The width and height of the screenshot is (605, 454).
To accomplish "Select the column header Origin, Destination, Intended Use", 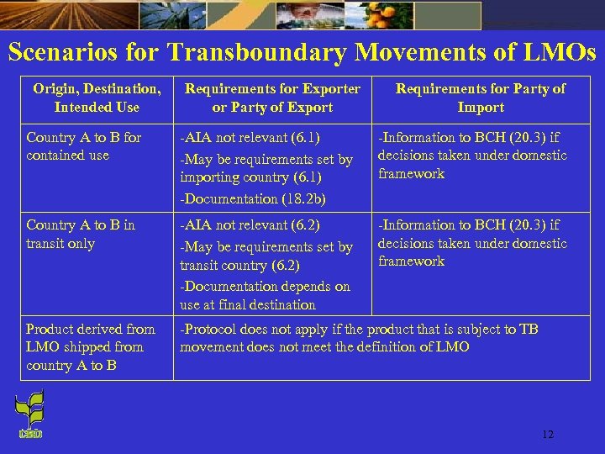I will (97, 98).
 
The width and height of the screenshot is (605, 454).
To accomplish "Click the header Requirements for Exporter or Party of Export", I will (272, 98).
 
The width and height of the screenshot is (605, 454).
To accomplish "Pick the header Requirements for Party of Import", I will (481, 98).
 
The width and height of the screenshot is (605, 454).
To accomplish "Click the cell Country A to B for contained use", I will (84, 146).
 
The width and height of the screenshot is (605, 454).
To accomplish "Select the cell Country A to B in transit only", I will (81, 234).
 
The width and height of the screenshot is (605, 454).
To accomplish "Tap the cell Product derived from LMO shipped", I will (91, 346).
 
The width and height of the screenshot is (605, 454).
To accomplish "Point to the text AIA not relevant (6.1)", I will (250, 137).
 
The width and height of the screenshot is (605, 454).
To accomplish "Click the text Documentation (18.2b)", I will (253, 198).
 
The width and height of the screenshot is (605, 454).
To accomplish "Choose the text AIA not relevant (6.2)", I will (250, 225).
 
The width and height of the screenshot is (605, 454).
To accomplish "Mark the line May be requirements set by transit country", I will (266, 256).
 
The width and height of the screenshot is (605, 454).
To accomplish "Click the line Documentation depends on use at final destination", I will (265, 295).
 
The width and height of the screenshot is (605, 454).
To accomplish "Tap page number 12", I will (548, 434).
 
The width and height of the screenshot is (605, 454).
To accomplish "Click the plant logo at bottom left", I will (30, 416).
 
